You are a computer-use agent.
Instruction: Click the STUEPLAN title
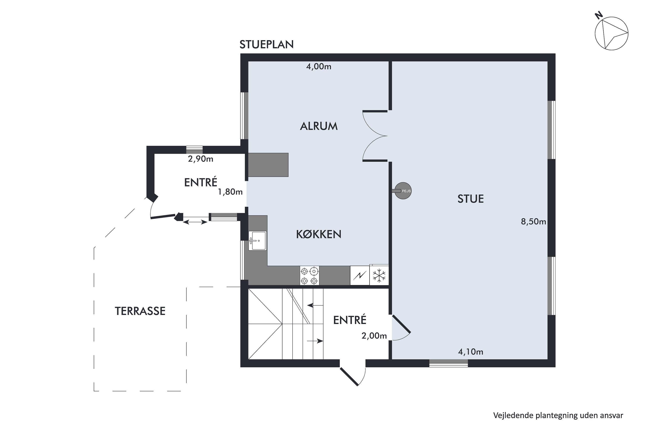click(x=266, y=44)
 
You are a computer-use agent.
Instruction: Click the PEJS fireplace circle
click(x=403, y=191)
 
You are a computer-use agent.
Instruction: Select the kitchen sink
click(x=257, y=240)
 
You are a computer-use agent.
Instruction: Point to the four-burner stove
click(x=310, y=275)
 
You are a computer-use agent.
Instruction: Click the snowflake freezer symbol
click(x=379, y=275)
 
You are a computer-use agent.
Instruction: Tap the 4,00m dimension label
click(x=319, y=67)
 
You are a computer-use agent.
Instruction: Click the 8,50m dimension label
click(x=533, y=222)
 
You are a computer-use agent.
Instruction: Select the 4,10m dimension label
click(x=471, y=352)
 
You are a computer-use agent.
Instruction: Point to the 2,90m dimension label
click(x=200, y=159)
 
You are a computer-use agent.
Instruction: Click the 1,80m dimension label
click(x=230, y=192)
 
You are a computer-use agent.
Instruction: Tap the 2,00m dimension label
click(x=374, y=336)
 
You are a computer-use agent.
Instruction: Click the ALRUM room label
click(x=319, y=126)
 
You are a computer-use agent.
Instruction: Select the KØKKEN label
click(x=319, y=234)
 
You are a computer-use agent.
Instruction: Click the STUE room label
click(x=471, y=199)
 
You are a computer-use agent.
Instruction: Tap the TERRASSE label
click(x=140, y=311)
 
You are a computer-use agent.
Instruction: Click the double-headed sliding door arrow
click(x=195, y=222)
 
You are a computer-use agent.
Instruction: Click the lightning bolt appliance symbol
click(x=360, y=275)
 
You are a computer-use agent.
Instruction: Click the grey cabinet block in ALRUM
click(x=268, y=165)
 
